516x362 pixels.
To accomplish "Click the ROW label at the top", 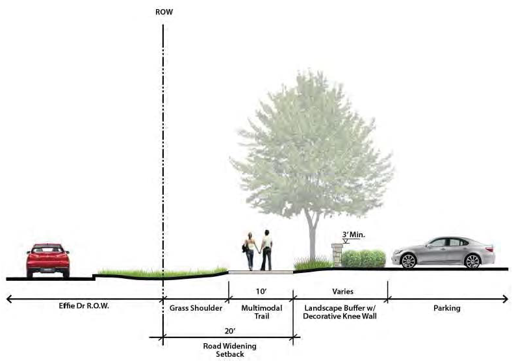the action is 164,12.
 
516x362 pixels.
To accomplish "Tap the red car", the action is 47,260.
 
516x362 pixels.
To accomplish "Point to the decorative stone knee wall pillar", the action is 337,255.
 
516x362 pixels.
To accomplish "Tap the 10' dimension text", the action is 261,291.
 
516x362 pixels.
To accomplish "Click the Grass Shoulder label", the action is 196,308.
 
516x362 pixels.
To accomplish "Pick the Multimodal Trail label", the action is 261,312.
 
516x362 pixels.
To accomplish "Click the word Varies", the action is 342,291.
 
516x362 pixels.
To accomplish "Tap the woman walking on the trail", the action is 250,251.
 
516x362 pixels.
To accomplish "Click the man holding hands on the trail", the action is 266,250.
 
